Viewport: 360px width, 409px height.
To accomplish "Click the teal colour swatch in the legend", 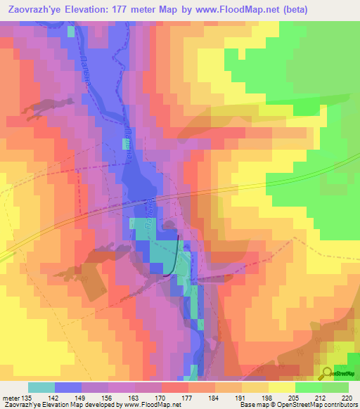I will (41, 387).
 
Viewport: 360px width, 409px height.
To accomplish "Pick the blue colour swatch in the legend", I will (68, 387).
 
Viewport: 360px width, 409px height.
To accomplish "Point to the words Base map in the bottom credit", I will (252, 405).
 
